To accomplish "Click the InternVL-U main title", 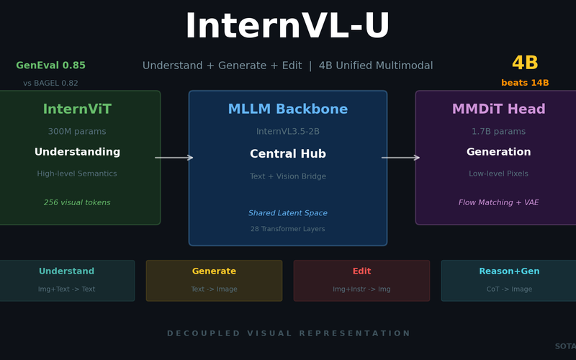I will tap(287, 27).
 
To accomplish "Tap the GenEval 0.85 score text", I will tap(50, 66).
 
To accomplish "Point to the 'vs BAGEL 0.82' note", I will tap(50, 84).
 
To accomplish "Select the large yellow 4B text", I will tap(525, 63).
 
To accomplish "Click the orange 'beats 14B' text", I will tap(525, 83).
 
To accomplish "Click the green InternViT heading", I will tap(77, 109).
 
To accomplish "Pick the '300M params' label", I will tap(77, 132).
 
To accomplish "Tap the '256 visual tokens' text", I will tap(77, 203).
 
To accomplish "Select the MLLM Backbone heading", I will tap(287, 109).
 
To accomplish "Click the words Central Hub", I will tap(287, 154).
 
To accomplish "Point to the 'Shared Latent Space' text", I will tap(287, 213).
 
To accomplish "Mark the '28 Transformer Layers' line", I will tap(287, 229).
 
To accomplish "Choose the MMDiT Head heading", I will tap(498, 109).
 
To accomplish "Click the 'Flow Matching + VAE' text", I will tap(498, 203).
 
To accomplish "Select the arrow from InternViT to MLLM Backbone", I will tap(174, 158).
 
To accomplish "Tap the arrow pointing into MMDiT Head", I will tap(400, 158).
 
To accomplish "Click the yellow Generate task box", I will tap(214, 281).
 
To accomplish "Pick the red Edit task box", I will tap(361, 281).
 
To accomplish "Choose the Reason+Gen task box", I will tap(508, 281).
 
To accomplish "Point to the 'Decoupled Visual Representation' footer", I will tap(288, 333).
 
